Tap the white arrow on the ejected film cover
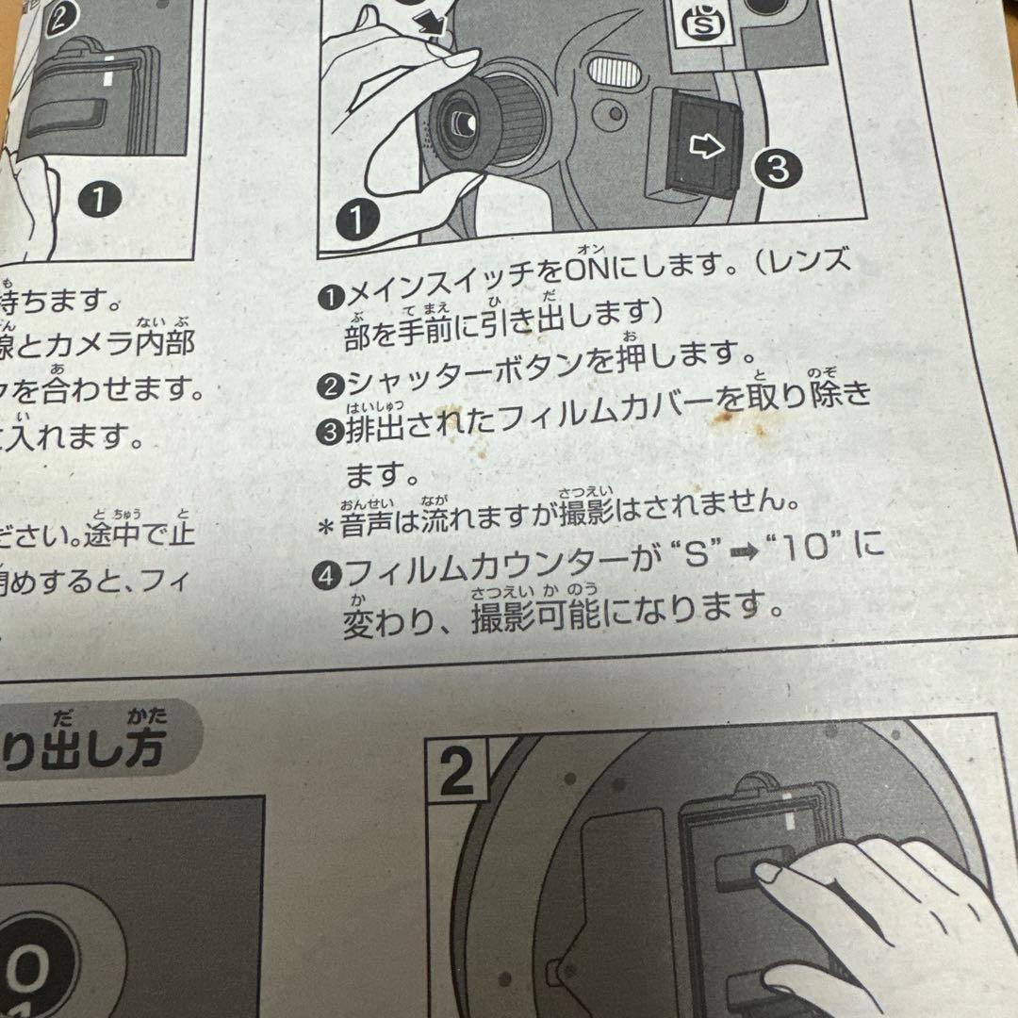[708, 147]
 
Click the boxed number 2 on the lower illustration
[456, 774]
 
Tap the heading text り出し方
[85, 751]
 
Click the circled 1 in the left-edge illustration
[101, 199]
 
